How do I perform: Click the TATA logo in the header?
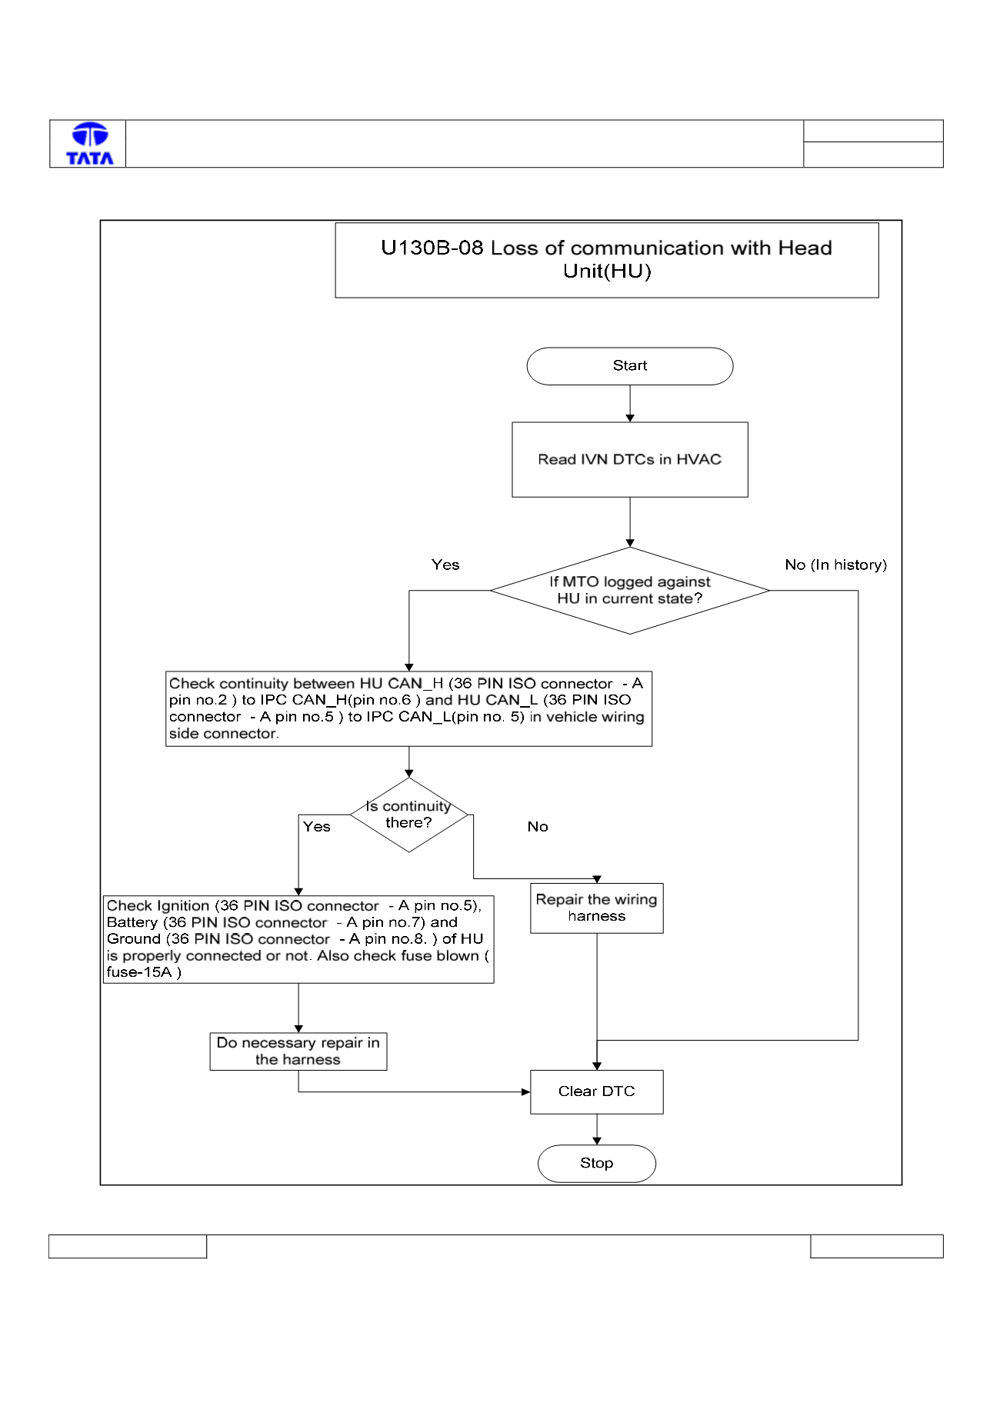(x=90, y=144)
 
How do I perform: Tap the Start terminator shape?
(x=630, y=366)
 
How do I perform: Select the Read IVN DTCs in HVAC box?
(x=630, y=459)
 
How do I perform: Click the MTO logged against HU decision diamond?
(x=630, y=591)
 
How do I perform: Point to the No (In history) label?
(x=836, y=565)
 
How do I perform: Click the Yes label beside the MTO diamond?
(x=445, y=565)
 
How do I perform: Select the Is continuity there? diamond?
(x=409, y=815)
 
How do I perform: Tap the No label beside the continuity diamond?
(x=538, y=827)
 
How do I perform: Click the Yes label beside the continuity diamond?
(x=316, y=827)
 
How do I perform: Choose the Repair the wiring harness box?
(x=597, y=908)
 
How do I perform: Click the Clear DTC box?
(x=597, y=1091)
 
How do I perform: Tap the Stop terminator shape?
(x=597, y=1163)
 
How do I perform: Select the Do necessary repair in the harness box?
(x=298, y=1051)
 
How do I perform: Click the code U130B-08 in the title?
(x=432, y=248)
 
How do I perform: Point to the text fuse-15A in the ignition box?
(x=139, y=972)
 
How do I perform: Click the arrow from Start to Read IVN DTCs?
(x=630, y=403)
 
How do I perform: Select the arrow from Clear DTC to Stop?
(x=597, y=1129)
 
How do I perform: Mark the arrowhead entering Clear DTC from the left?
(x=526, y=1091)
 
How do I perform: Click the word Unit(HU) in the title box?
(x=607, y=272)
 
